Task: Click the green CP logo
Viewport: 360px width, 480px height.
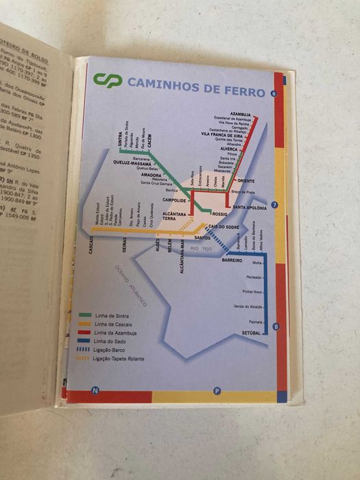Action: pyautogui.click(x=108, y=81)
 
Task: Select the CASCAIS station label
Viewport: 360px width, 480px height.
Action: pyautogui.click(x=91, y=245)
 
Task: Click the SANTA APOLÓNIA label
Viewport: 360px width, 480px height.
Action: pyautogui.click(x=249, y=206)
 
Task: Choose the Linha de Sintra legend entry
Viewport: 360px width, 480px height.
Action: pyautogui.click(x=109, y=315)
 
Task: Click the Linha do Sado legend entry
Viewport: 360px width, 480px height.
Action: pyautogui.click(x=108, y=341)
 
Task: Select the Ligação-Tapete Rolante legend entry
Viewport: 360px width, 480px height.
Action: pyautogui.click(x=119, y=359)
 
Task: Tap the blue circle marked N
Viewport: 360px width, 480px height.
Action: pyautogui.click(x=95, y=391)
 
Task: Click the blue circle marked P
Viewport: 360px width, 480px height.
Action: pyautogui.click(x=217, y=391)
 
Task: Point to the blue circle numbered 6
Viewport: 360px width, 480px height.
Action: pyautogui.click(x=274, y=94)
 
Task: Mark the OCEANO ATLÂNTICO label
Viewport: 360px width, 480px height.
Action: pyautogui.click(x=132, y=283)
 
